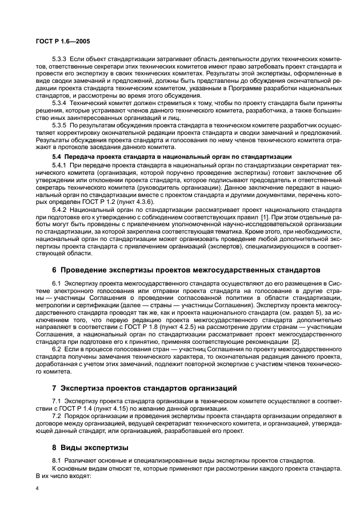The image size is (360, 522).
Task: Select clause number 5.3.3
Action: tap(61, 59)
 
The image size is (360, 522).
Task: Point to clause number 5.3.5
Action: tap(61, 124)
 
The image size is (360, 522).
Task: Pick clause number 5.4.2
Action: tap(61, 210)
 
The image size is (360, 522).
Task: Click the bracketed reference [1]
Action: tap(264, 218)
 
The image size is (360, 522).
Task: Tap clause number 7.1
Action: tap(58, 402)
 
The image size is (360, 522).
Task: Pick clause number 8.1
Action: tap(58, 460)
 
